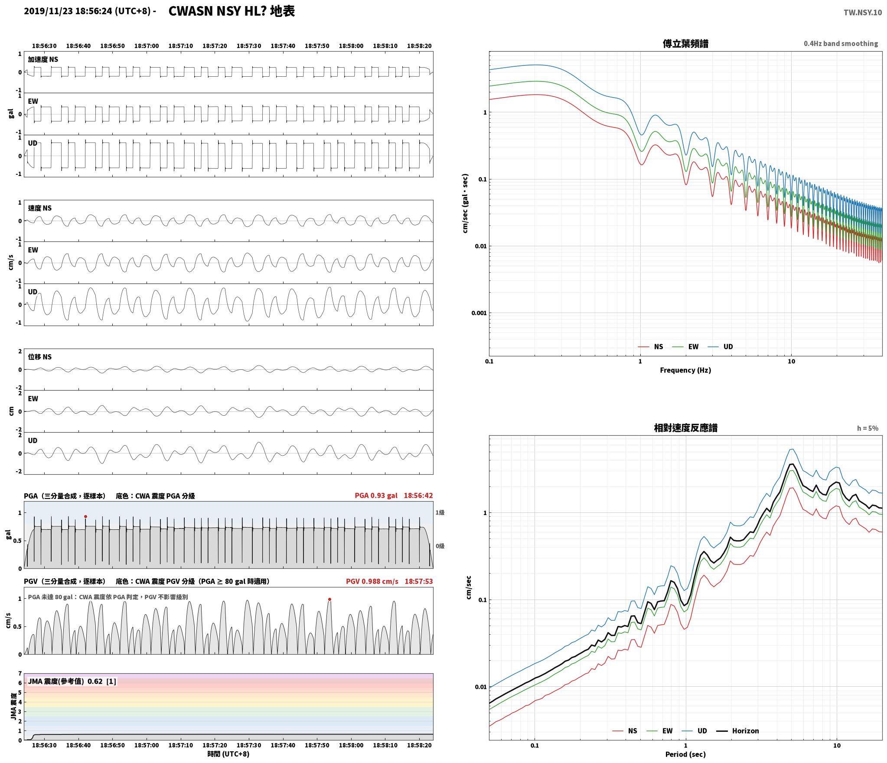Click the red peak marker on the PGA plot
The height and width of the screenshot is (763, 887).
tap(85, 516)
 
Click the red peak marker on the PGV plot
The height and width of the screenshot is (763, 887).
tap(329, 600)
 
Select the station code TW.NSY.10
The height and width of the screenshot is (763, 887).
tap(862, 13)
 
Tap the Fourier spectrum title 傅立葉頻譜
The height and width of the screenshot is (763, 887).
tap(685, 44)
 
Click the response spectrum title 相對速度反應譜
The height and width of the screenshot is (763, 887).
tap(685, 428)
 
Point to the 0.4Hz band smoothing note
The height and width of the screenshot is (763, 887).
tap(841, 44)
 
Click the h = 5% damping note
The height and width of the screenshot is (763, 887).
tap(867, 428)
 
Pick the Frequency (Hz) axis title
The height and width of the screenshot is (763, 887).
tap(685, 370)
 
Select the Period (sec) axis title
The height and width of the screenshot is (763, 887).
tap(685, 754)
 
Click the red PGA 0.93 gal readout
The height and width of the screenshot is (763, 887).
tap(376, 496)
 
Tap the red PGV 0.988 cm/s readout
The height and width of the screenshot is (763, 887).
tap(372, 581)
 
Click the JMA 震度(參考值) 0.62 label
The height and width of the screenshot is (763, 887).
tap(65, 681)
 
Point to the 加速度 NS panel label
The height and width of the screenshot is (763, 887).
tap(43, 59)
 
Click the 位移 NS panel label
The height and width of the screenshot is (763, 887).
tap(40, 357)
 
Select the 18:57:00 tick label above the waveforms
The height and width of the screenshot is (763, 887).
tap(147, 46)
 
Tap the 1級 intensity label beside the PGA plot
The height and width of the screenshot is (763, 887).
tap(440, 512)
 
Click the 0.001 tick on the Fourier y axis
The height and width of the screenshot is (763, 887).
tap(479, 313)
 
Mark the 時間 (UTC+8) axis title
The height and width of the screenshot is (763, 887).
tap(228, 754)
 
